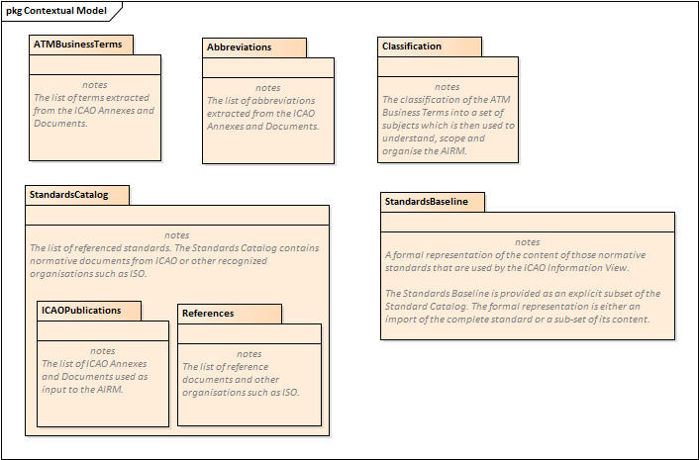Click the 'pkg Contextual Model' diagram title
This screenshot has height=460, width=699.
57,11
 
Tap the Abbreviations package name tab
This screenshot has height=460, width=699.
239,47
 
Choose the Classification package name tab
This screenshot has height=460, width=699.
412,46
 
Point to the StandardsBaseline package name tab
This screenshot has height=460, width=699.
427,202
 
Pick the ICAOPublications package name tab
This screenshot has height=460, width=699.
81,311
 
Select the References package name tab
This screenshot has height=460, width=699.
208,314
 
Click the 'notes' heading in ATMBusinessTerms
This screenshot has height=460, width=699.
94,85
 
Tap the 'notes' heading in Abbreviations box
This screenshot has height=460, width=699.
267,88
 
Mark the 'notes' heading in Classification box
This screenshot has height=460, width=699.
448,87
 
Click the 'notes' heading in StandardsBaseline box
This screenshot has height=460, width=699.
528,242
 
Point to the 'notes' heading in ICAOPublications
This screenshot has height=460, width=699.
103,351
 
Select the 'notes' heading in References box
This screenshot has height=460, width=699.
250,354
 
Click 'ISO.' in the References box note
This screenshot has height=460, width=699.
285,393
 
